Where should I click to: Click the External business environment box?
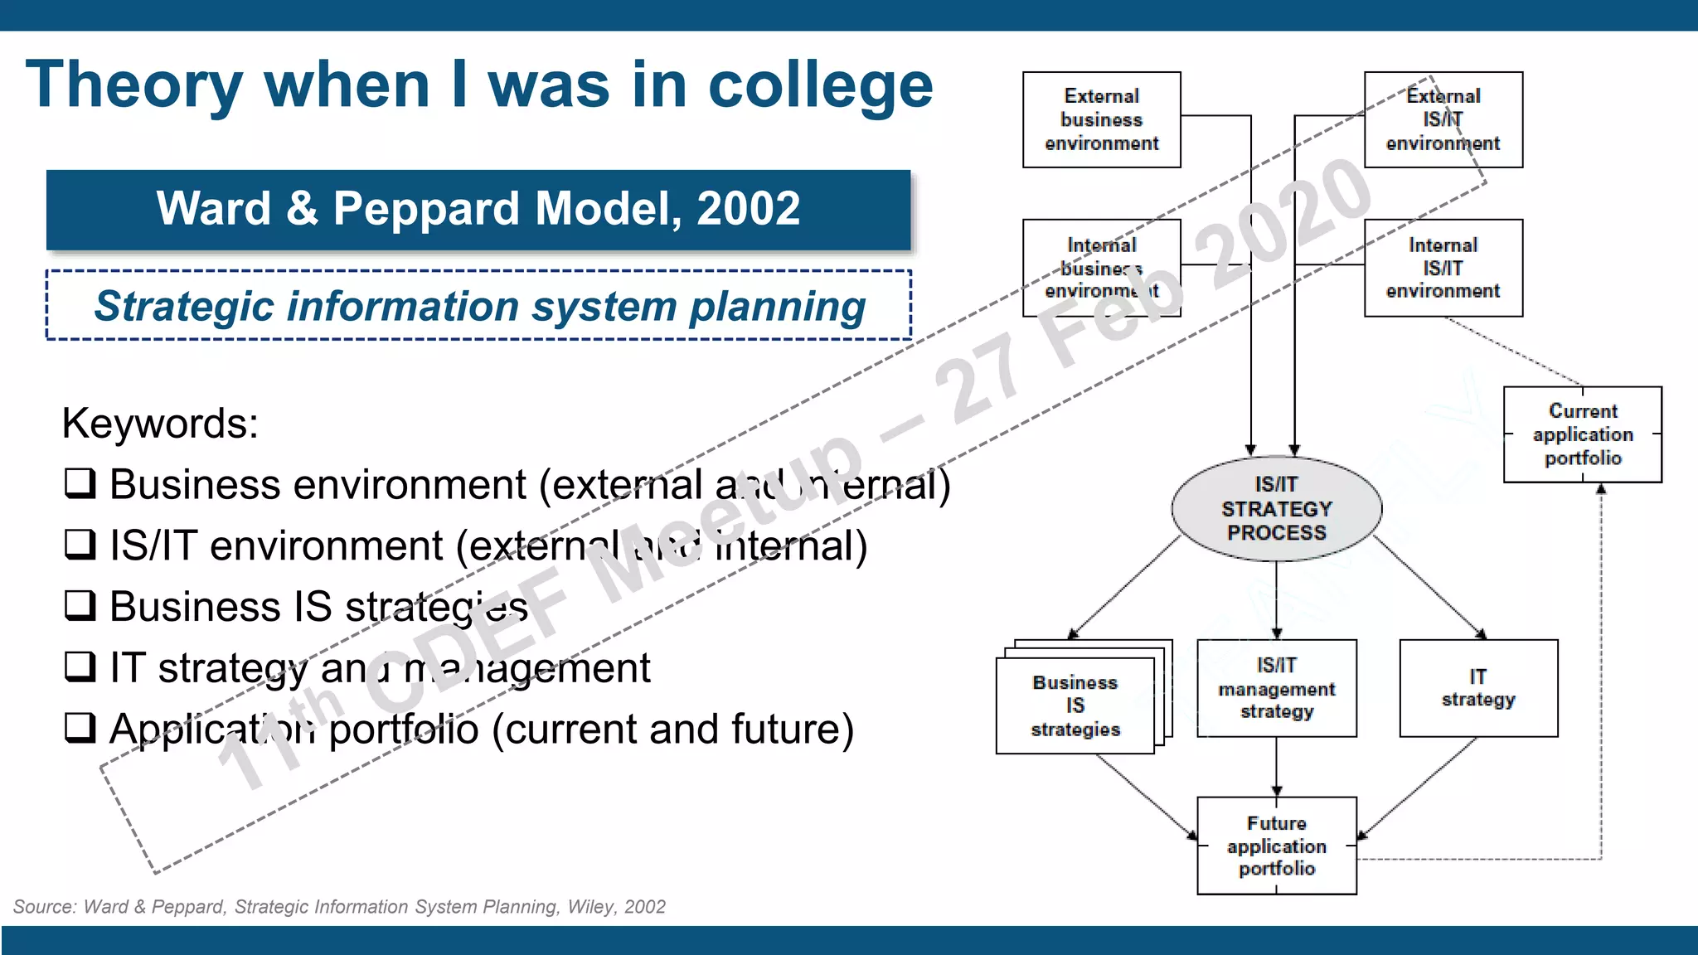tap(1101, 119)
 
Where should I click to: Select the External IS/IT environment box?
tap(1443, 119)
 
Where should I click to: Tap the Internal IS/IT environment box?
tap(1443, 268)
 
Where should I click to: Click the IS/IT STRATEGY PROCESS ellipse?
tap(1276, 508)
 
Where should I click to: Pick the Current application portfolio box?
tap(1582, 434)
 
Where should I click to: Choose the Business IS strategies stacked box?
tap(1075, 705)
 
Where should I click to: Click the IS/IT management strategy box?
tap(1276, 688)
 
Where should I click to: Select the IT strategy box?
tap(1478, 688)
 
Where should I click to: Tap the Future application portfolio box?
tap(1276, 846)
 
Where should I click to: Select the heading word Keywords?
tap(160, 424)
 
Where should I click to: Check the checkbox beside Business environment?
tap(80, 482)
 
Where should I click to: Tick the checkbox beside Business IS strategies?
tap(80, 605)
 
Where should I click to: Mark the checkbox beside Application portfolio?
tap(80, 727)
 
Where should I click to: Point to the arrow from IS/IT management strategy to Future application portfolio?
tap(1276, 767)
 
